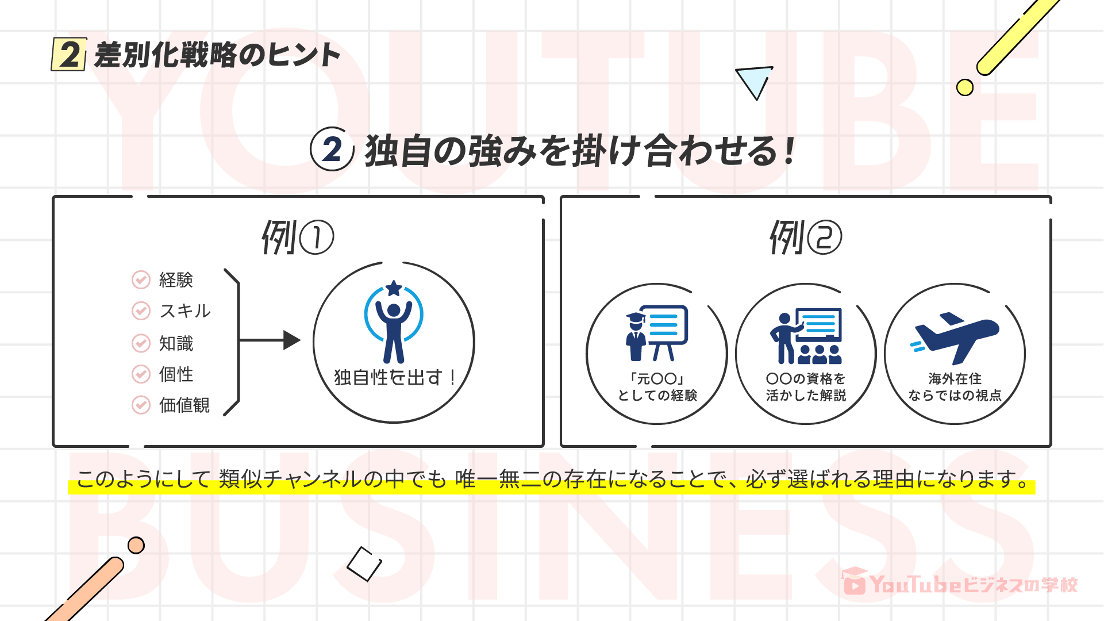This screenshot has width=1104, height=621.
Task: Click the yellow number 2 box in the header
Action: (69, 55)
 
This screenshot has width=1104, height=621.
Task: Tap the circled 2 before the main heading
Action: (332, 149)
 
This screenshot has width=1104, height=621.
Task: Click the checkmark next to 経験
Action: (141, 279)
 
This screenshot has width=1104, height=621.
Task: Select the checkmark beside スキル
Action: (141, 310)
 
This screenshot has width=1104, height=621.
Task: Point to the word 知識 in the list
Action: (176, 343)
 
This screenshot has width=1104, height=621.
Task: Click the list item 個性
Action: (176, 374)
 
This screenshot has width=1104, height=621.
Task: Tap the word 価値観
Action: (184, 405)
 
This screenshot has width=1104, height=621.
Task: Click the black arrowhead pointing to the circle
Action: (291, 340)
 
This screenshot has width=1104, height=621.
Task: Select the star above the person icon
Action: (394, 287)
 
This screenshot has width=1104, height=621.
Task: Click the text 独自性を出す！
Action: (394, 378)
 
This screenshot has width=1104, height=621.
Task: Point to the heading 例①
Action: (297, 237)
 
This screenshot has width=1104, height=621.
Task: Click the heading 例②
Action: (805, 237)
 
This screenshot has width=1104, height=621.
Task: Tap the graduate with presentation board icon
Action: (657, 333)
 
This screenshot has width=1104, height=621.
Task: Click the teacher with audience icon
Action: (806, 336)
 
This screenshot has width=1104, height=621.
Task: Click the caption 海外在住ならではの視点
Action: (955, 387)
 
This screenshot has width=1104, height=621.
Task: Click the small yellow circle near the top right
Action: (964, 87)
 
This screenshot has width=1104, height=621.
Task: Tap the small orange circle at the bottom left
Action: (136, 545)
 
